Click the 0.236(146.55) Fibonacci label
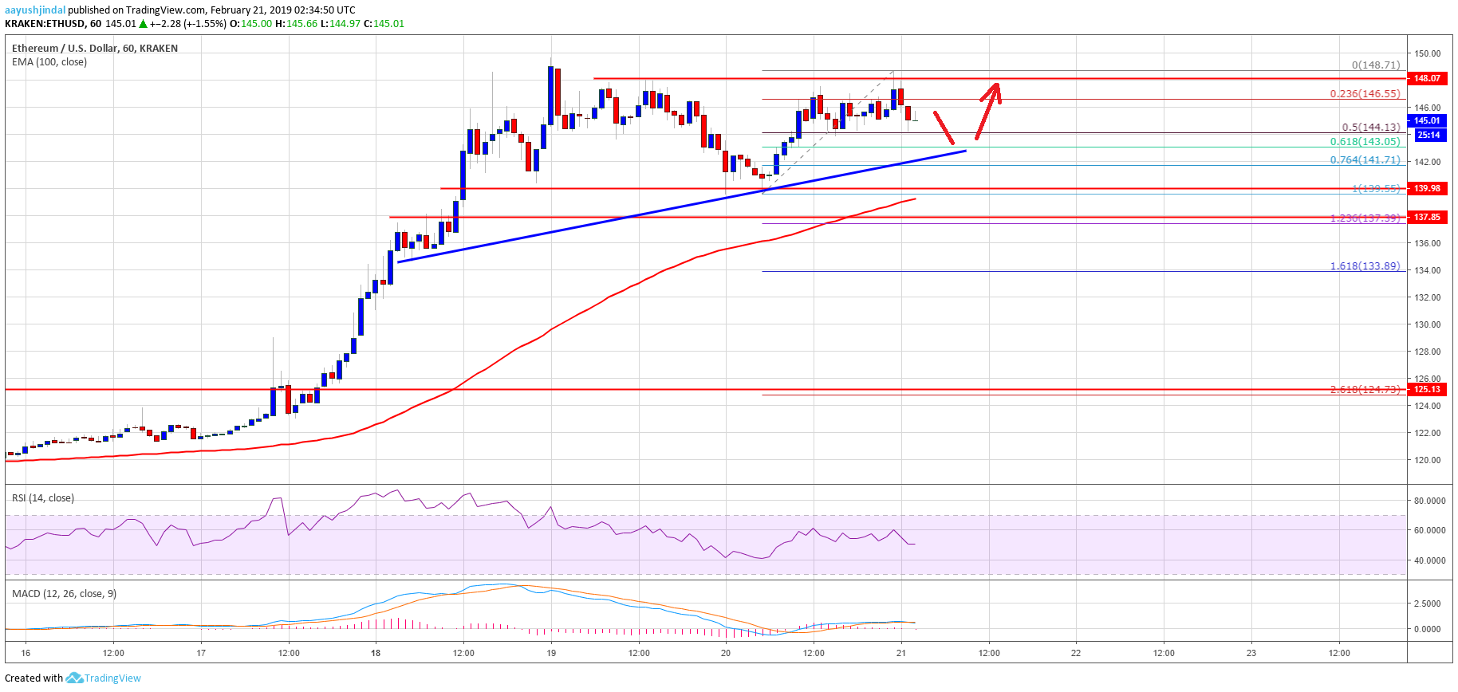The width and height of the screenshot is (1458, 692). click(1364, 93)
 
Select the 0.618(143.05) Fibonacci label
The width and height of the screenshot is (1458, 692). click(1364, 141)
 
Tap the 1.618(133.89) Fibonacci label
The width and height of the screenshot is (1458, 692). click(1364, 265)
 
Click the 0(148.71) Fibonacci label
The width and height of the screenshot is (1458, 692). click(1375, 65)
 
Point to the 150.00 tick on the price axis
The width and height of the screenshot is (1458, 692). click(1428, 53)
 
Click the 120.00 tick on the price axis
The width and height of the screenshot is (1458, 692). click(1428, 460)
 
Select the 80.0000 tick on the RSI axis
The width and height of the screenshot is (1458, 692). click(1429, 501)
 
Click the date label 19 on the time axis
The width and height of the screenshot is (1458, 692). click(551, 653)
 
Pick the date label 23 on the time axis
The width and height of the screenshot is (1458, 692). click(1251, 653)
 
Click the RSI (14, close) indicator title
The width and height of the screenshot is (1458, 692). click(43, 498)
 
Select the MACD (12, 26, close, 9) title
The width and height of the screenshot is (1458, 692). click(64, 594)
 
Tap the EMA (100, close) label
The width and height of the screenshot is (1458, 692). click(49, 62)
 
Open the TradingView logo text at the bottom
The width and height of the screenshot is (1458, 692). click(112, 678)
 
